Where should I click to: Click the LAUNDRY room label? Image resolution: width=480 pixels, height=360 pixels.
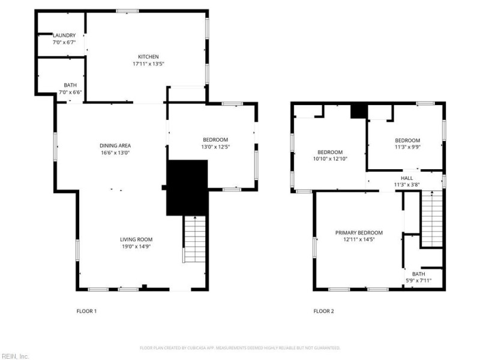[64, 35]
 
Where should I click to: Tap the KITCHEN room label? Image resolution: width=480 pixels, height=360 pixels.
[148, 56]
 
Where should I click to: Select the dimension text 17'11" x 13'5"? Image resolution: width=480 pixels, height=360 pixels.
[148, 64]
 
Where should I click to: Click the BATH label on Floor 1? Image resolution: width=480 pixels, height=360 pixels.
[70, 85]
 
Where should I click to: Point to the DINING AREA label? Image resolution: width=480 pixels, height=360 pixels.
[115, 145]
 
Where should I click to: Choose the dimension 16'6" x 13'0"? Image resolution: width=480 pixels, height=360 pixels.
[115, 153]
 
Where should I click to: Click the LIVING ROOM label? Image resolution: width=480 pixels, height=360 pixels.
[136, 239]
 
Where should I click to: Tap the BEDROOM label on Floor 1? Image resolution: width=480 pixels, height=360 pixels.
[215, 139]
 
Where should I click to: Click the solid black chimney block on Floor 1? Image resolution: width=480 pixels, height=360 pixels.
[187, 187]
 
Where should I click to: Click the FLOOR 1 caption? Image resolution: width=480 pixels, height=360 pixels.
[86, 311]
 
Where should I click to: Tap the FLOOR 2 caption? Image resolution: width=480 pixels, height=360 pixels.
[323, 311]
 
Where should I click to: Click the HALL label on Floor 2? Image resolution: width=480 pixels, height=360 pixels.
[407, 178]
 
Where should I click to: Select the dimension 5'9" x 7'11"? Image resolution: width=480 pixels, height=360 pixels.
[418, 280]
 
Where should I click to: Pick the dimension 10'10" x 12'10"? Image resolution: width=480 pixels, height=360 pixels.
[330, 159]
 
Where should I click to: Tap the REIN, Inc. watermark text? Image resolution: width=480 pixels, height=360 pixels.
[15, 356]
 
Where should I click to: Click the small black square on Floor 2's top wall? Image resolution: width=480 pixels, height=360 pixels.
[358, 110]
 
